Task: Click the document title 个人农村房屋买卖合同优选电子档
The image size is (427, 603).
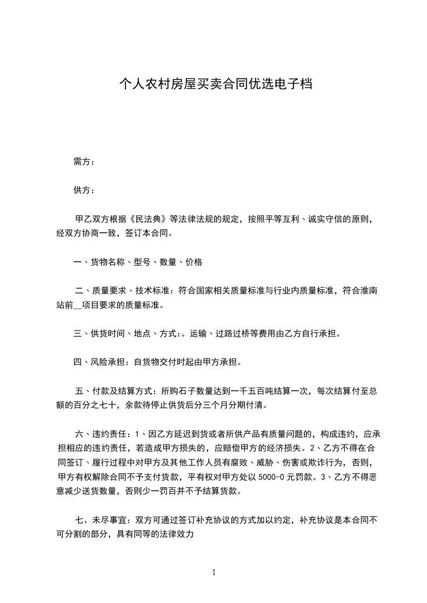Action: click(215, 84)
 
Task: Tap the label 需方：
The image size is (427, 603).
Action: click(84, 161)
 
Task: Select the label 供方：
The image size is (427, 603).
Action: click(84, 190)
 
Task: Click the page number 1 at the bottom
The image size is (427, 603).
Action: click(214, 572)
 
